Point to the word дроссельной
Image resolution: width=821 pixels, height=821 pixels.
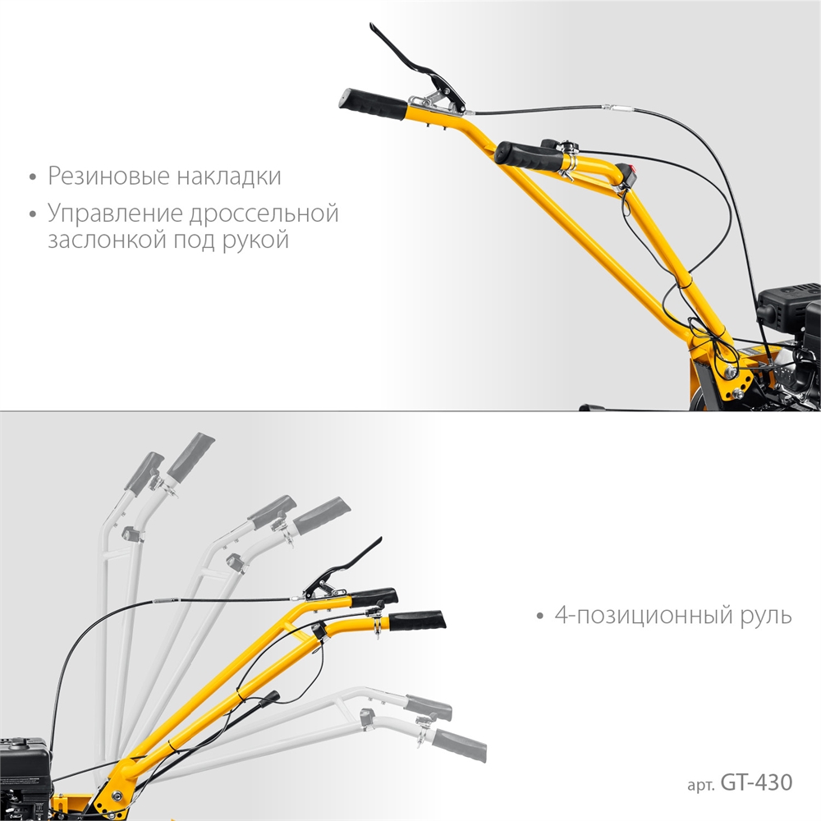[x=264, y=214]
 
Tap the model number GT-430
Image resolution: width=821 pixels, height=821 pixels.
[x=756, y=782]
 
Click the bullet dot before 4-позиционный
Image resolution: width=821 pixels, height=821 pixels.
[x=539, y=617]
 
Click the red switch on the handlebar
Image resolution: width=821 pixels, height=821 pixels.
[x=631, y=173]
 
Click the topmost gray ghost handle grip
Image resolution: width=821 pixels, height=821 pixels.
[x=190, y=456]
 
